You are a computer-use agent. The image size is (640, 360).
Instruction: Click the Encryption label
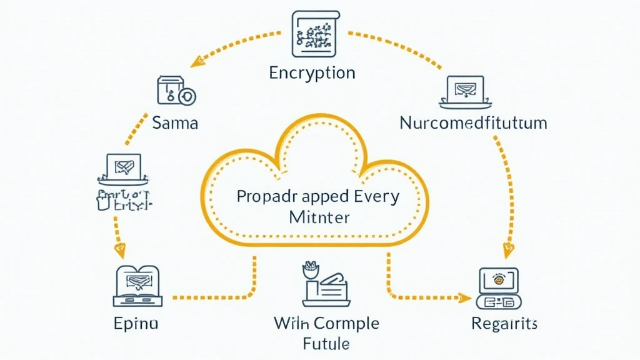pyautogui.click(x=312, y=73)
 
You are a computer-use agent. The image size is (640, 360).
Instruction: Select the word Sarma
pyautogui.click(x=175, y=122)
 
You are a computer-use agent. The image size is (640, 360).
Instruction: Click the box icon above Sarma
pyautogui.click(x=175, y=91)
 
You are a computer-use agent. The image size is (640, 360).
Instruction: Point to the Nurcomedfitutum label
pyautogui.click(x=472, y=122)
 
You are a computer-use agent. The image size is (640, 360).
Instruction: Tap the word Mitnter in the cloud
pyautogui.click(x=320, y=219)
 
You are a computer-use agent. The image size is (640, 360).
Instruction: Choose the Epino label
pyautogui.click(x=136, y=324)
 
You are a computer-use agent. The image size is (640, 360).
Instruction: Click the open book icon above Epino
pyautogui.click(x=137, y=286)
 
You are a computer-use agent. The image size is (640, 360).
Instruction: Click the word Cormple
pyautogui.click(x=346, y=324)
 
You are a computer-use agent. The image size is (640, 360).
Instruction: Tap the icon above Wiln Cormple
pyautogui.click(x=323, y=285)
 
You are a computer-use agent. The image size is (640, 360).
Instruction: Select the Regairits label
pyautogui.click(x=504, y=324)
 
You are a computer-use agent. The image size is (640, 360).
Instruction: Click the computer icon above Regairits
pyautogui.click(x=498, y=287)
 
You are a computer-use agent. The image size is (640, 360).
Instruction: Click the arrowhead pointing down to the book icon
pyautogui.click(x=119, y=252)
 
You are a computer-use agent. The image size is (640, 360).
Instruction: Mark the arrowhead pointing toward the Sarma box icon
pyautogui.click(x=199, y=61)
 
